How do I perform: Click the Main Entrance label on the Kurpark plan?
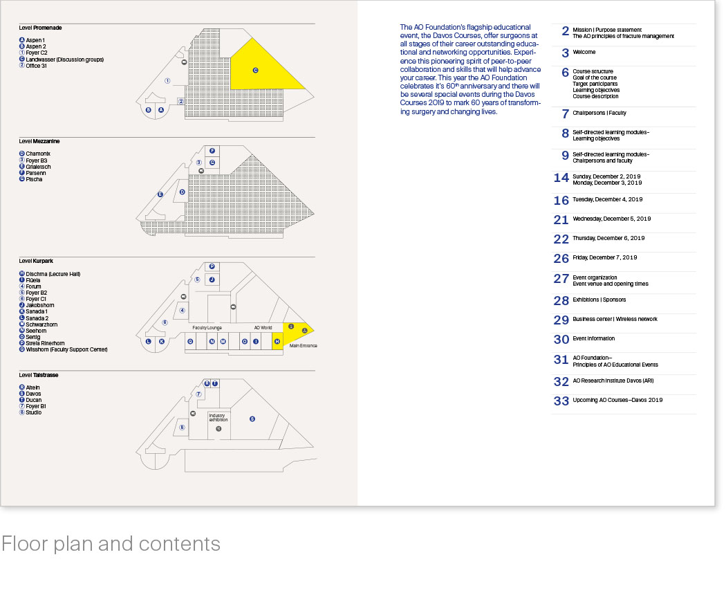(303, 345)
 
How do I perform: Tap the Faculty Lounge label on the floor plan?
(206, 327)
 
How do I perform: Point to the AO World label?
(263, 327)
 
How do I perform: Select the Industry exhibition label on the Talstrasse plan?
(218, 418)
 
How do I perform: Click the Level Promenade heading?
(40, 28)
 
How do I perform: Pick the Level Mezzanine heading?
(39, 141)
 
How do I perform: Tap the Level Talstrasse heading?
(39, 375)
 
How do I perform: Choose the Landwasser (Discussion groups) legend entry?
(64, 59)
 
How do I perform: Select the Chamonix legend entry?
(38, 154)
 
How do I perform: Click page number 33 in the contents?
(561, 401)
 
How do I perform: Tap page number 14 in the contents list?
(561, 178)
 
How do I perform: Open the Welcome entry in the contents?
(584, 52)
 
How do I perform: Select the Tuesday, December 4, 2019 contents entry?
(607, 199)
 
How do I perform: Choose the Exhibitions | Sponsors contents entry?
(599, 300)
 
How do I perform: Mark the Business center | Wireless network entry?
(615, 319)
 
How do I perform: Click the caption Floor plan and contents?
(111, 544)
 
